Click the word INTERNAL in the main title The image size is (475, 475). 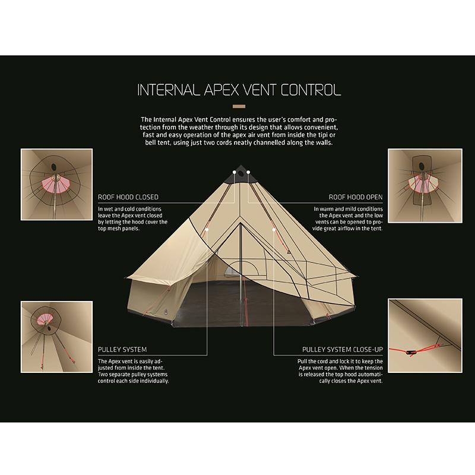pos(169,90)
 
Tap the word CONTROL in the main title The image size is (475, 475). pos(311,90)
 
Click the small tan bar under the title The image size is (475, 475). pos(239,106)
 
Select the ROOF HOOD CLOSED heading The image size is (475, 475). pos(128,197)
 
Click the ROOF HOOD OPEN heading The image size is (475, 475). pos(356,197)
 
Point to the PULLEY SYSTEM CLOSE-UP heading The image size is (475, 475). pos(343,350)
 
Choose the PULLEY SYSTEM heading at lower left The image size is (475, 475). pos(122,350)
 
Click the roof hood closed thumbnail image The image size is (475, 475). pos(56,185)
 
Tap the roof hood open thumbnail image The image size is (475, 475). pos(425,186)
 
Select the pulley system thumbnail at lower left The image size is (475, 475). pos(56,337)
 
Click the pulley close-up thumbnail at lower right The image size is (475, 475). pos(425,335)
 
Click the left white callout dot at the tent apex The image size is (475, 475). pos(235,172)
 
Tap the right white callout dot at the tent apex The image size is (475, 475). pos(248,172)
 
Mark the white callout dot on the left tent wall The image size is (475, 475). pos(207,230)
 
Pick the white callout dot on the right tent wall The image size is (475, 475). pos(274,230)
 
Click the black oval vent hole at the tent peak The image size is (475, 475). pos(241,173)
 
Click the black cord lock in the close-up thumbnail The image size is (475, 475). pos(411,352)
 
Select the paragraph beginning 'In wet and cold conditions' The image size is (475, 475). pos(132,218)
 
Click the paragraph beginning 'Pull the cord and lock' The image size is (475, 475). pos(340,371)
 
